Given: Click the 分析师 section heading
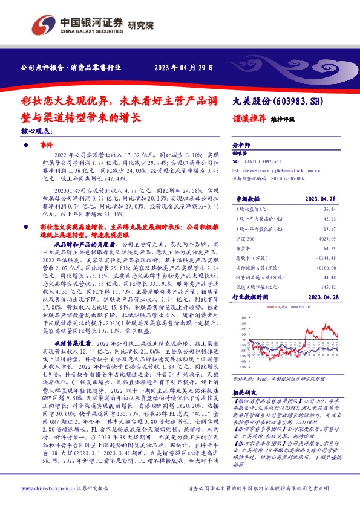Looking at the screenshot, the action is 241,146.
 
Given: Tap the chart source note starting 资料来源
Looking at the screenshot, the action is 284,378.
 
